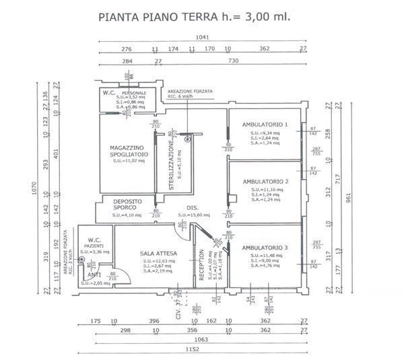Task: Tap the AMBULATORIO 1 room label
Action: tap(265, 124)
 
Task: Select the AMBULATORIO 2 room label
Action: tap(265, 182)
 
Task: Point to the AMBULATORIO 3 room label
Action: tap(264, 248)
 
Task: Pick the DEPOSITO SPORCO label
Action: tap(126, 205)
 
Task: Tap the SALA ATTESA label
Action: tap(158, 254)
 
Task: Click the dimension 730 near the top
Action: tap(234, 61)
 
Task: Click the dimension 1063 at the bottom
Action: tap(203, 340)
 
